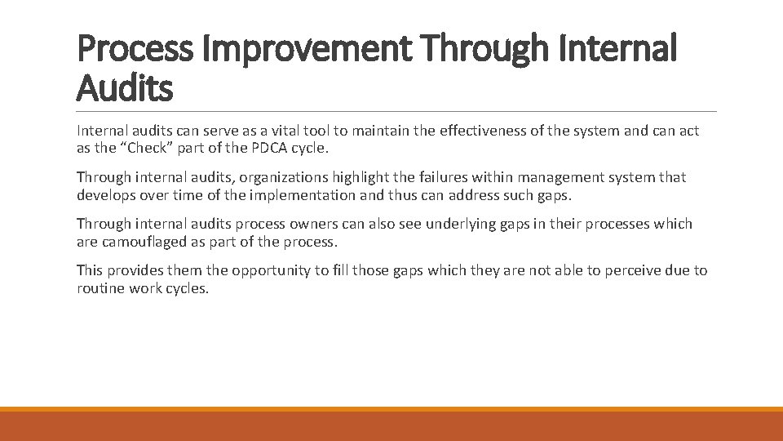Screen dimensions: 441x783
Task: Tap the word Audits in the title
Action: [125, 87]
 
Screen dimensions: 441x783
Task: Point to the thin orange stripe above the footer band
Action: [391, 409]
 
